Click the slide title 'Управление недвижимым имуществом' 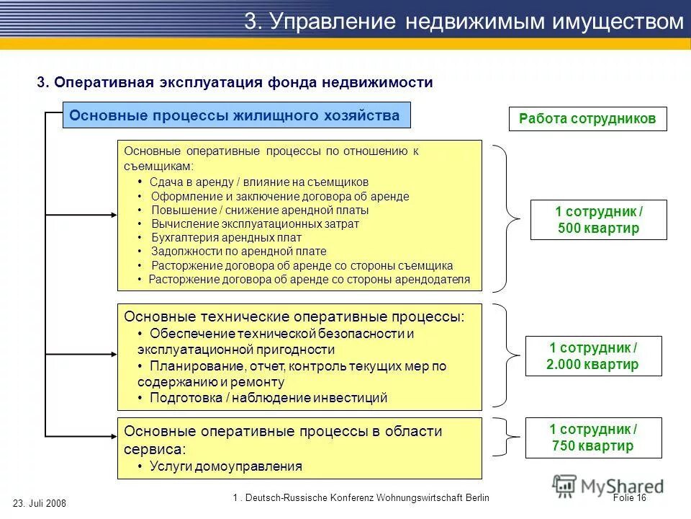[464, 21]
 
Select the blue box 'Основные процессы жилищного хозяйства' [236, 115]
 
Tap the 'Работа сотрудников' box [587, 119]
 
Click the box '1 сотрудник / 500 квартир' [598, 220]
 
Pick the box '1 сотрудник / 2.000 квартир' [592, 356]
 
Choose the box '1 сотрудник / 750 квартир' [592, 437]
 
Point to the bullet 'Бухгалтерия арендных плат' [226, 237]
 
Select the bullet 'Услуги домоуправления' [225, 466]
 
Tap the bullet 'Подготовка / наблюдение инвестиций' [268, 397]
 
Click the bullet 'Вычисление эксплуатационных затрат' [255, 223]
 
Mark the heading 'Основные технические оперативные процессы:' [294, 317]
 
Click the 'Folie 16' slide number [631, 497]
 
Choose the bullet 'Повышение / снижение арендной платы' [260, 210]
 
